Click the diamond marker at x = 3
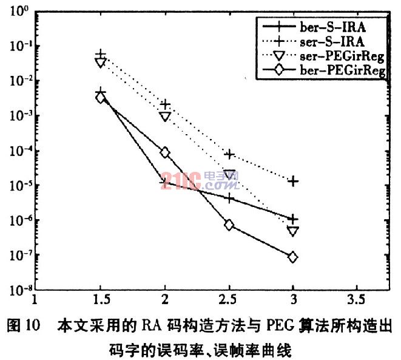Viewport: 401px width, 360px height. [x=293, y=257]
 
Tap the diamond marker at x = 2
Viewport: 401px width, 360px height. [x=165, y=152]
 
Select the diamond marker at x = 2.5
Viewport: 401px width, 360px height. [x=229, y=225]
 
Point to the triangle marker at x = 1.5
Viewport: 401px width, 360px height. [x=101, y=62]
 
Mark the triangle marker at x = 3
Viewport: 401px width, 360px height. [x=293, y=231]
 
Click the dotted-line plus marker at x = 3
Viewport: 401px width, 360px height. [x=293, y=181]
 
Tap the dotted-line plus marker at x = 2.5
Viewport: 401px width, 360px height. [x=229, y=154]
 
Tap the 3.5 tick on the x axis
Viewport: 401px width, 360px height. [x=357, y=300]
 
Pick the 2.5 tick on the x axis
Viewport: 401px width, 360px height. [x=229, y=300]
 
